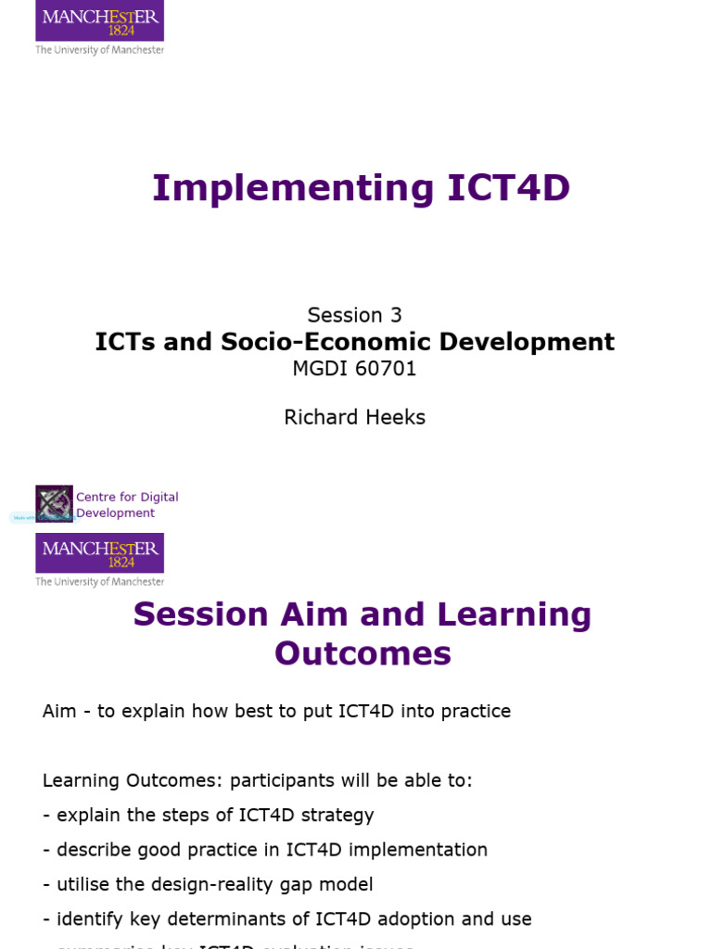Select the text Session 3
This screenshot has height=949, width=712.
pyautogui.click(x=355, y=315)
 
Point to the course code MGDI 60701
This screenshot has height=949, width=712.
pyautogui.click(x=355, y=369)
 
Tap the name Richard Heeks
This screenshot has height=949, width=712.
pyautogui.click(x=355, y=417)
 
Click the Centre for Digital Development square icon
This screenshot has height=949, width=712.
pyautogui.click(x=54, y=504)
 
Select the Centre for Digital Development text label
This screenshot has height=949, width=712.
pyautogui.click(x=126, y=505)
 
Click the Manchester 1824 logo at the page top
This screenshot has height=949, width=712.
pyautogui.click(x=99, y=20)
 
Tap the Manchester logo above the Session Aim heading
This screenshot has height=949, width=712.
pyautogui.click(x=99, y=552)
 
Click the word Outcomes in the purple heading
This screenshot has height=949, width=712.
pyautogui.click(x=362, y=653)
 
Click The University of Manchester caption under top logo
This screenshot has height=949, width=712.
pyautogui.click(x=99, y=50)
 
